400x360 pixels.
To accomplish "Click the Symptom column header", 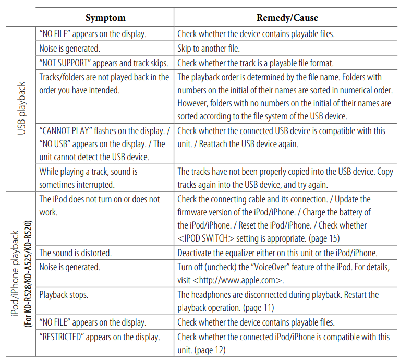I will pyautogui.click(x=105, y=18).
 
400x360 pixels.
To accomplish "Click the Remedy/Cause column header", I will pyautogui.click(x=287, y=18).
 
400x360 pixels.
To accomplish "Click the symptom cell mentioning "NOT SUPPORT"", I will pyautogui.click(x=104, y=63).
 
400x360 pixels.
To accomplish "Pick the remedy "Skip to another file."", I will pyautogui.click(x=209, y=49).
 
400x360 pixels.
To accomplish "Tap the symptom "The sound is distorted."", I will pyautogui.click(x=76, y=253).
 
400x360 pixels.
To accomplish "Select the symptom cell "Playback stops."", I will pyautogui.click(x=64, y=295).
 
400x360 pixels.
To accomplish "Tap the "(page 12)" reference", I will pyautogui.click(x=209, y=350).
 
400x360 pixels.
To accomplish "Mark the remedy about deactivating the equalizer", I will pyautogui.click(x=277, y=253).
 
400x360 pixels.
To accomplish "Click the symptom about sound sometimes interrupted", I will pyautogui.click(x=88, y=177).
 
